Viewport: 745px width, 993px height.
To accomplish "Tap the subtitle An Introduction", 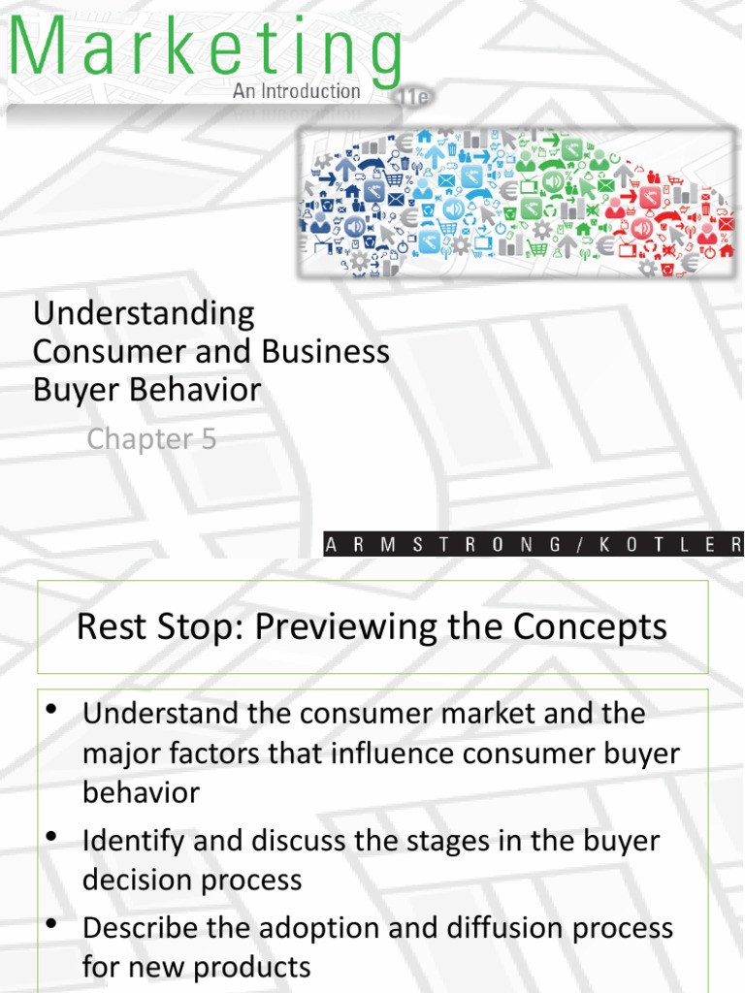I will pyautogui.click(x=296, y=91).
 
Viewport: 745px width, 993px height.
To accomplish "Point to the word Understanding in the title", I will pyautogui.click(x=144, y=313).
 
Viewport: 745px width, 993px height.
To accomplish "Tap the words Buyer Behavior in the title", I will pyautogui.click(x=146, y=390).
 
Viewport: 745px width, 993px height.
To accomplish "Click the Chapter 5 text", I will pyautogui.click(x=151, y=439).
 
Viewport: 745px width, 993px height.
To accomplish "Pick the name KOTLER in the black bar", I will pyautogui.click(x=680, y=545).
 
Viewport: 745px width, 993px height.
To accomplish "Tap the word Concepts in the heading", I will pyautogui.click(x=602, y=626).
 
